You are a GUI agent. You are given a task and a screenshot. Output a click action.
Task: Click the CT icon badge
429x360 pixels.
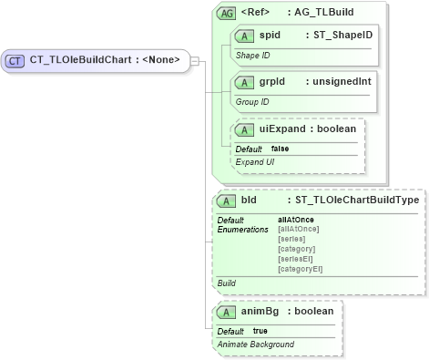pos(15,61)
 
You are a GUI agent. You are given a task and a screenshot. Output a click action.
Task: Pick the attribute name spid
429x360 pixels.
pos(270,36)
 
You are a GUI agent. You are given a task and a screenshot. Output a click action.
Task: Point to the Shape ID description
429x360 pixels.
pos(254,56)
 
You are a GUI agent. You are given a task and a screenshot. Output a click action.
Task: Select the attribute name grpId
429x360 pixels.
pos(272,82)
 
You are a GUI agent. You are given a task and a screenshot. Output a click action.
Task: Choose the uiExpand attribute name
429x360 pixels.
pos(282,129)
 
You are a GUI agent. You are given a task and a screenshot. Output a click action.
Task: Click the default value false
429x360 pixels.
pos(280,149)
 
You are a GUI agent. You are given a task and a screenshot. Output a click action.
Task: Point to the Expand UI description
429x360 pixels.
pos(256,161)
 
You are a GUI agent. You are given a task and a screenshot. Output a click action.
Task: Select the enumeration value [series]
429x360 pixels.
pos(291,239)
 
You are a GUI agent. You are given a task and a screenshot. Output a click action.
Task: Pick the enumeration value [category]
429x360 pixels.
pos(297,249)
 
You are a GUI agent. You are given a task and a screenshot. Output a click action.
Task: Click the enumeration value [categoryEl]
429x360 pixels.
pos(301,269)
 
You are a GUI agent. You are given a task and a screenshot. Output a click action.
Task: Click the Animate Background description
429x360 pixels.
pos(256,344)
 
